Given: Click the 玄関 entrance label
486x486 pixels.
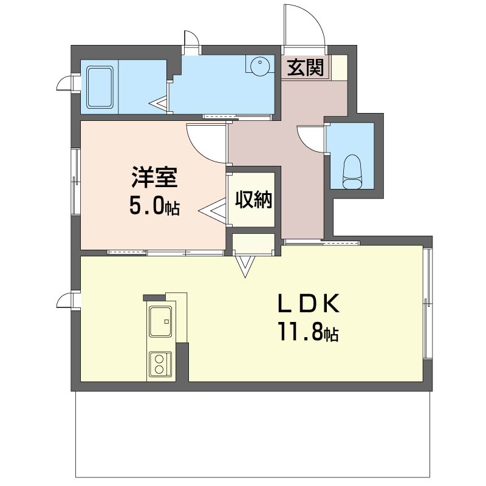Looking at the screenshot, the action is tap(306, 67).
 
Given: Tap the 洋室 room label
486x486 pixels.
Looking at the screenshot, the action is tap(154, 177).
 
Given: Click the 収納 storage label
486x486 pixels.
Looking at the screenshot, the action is tap(253, 200).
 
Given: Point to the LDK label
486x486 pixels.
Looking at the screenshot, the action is tap(309, 304).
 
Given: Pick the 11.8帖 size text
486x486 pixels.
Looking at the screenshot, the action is tap(309, 332).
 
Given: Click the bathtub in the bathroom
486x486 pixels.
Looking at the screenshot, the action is tap(100, 87).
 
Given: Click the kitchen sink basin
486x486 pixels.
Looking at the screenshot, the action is tap(160, 321).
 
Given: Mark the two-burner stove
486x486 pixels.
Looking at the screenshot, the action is tap(160, 364).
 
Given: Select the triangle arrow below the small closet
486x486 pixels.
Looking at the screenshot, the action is tap(245, 267).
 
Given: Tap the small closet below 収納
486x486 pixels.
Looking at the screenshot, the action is tap(253, 244).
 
